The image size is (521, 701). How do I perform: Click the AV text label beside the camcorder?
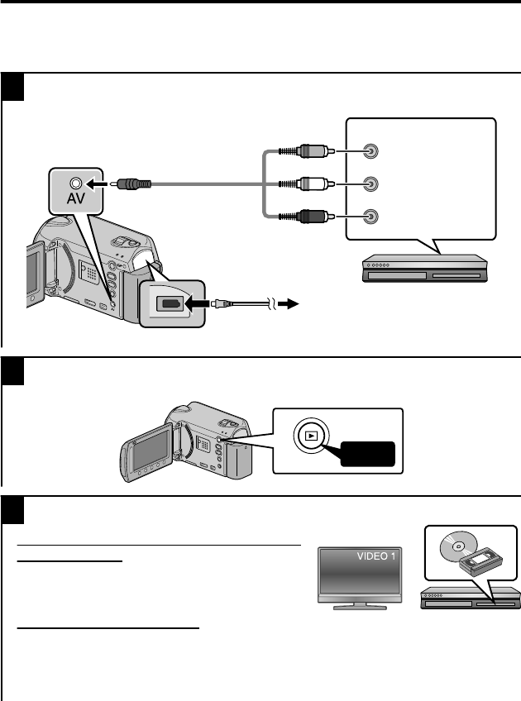pyautogui.click(x=77, y=201)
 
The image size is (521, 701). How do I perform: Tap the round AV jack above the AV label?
pyautogui.click(x=77, y=183)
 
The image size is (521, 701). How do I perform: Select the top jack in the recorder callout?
pyautogui.click(x=373, y=152)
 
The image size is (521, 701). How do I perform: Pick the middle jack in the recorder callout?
pyautogui.click(x=373, y=184)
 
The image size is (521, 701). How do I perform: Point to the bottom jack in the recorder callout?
pyautogui.click(x=373, y=217)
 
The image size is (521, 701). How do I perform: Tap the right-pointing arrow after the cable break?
pyautogui.click(x=285, y=303)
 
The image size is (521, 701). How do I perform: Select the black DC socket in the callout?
pyautogui.click(x=172, y=303)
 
